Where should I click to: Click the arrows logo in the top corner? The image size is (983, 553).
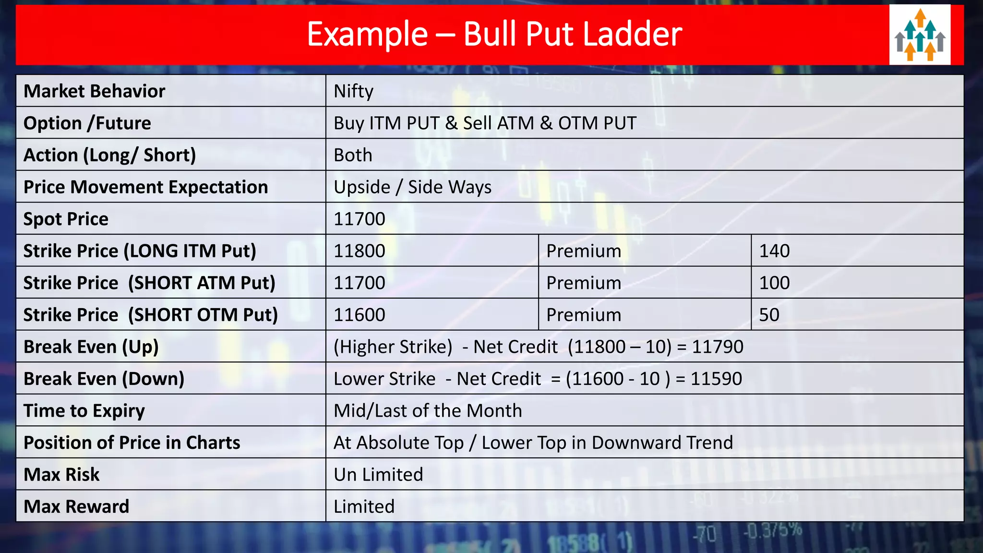click(920, 35)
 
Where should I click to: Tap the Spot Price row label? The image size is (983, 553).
click(66, 219)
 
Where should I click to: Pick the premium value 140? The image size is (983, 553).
click(774, 251)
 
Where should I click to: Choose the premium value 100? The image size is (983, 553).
click(774, 283)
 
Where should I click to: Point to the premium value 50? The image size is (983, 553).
click(769, 315)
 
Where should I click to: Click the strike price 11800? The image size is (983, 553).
click(360, 251)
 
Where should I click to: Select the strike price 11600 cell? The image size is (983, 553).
click(360, 315)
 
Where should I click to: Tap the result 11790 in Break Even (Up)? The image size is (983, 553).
click(718, 347)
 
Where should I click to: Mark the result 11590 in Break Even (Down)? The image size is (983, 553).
click(716, 379)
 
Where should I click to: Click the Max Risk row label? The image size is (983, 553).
click(62, 474)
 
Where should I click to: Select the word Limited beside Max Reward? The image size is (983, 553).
click(364, 506)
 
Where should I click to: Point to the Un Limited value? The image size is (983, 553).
click(378, 474)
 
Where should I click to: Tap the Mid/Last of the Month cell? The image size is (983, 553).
click(428, 410)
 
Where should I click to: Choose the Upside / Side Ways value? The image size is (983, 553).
click(412, 187)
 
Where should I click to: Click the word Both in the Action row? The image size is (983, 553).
click(353, 155)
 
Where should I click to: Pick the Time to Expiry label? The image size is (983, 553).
click(84, 410)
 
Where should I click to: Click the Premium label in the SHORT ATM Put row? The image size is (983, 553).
click(584, 283)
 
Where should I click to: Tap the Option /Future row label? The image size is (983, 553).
click(87, 123)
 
